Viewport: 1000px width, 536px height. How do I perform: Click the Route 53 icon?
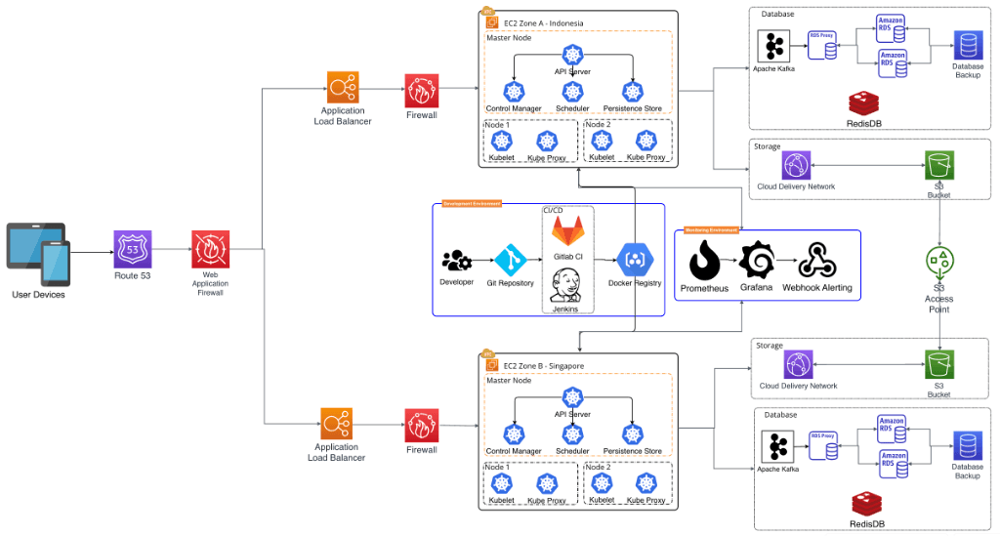click(x=133, y=250)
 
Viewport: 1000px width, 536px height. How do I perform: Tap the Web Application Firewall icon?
click(x=210, y=250)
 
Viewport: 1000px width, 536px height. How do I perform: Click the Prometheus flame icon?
click(x=704, y=261)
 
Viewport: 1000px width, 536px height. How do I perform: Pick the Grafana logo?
click(x=756, y=261)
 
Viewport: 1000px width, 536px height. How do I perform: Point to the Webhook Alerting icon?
click(x=816, y=261)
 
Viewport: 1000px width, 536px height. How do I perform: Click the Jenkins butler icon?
click(x=565, y=285)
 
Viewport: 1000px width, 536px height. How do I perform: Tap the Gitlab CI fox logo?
click(x=567, y=231)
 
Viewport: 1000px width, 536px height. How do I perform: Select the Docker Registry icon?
click(x=634, y=260)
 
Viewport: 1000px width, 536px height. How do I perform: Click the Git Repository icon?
click(x=510, y=261)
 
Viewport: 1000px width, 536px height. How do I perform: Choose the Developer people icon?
click(x=456, y=261)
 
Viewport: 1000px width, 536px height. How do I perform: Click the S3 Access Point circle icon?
click(x=938, y=262)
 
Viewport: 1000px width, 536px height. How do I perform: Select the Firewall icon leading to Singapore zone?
click(x=421, y=425)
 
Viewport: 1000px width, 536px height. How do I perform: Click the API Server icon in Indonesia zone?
click(x=572, y=56)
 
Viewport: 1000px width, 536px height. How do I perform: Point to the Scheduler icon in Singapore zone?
click(x=572, y=433)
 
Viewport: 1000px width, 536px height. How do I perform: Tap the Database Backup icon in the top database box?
click(x=968, y=45)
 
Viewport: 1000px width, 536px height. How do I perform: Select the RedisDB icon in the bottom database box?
click(x=865, y=504)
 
